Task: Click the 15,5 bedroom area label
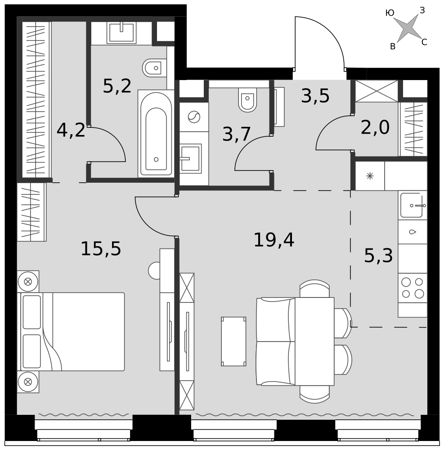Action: click(x=101, y=248)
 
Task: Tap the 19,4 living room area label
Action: click(x=274, y=240)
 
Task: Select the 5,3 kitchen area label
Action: click(x=378, y=256)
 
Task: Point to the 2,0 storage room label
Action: click(x=375, y=127)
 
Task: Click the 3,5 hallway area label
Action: click(x=315, y=96)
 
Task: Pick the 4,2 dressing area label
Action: click(x=71, y=130)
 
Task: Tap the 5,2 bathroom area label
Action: click(x=117, y=86)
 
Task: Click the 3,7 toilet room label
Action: click(x=237, y=134)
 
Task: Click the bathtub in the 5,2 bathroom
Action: click(x=156, y=134)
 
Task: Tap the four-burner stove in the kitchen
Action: click(x=413, y=288)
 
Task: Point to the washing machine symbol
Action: click(x=194, y=117)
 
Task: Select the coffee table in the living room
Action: click(x=233, y=342)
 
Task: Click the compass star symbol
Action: click(x=408, y=28)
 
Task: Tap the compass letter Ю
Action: click(x=390, y=13)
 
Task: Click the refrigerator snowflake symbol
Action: click(x=370, y=176)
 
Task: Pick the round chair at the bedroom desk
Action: click(x=154, y=270)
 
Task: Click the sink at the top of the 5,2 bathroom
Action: click(x=121, y=33)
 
